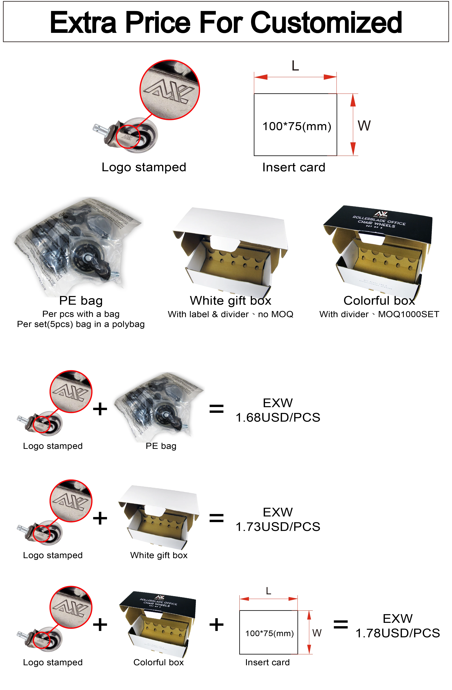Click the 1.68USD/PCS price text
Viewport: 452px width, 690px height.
pos(278,417)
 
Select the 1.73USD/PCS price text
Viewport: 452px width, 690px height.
pos(278,527)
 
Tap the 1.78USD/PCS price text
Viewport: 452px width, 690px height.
pos(397,633)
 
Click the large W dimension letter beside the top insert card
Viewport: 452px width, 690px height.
pos(364,125)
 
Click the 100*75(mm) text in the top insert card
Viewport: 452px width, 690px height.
pos(296,126)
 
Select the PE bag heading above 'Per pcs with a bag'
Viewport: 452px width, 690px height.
pos(81,301)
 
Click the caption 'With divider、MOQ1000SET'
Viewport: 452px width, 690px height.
pos(379,314)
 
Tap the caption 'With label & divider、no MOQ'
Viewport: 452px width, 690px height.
pos(230,314)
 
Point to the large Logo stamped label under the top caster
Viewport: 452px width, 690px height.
pos(144,167)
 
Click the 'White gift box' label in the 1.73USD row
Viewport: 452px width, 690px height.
pos(159,555)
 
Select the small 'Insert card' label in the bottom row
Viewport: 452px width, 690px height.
pos(267,662)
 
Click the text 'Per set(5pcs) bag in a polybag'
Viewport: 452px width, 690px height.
pos(81,324)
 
